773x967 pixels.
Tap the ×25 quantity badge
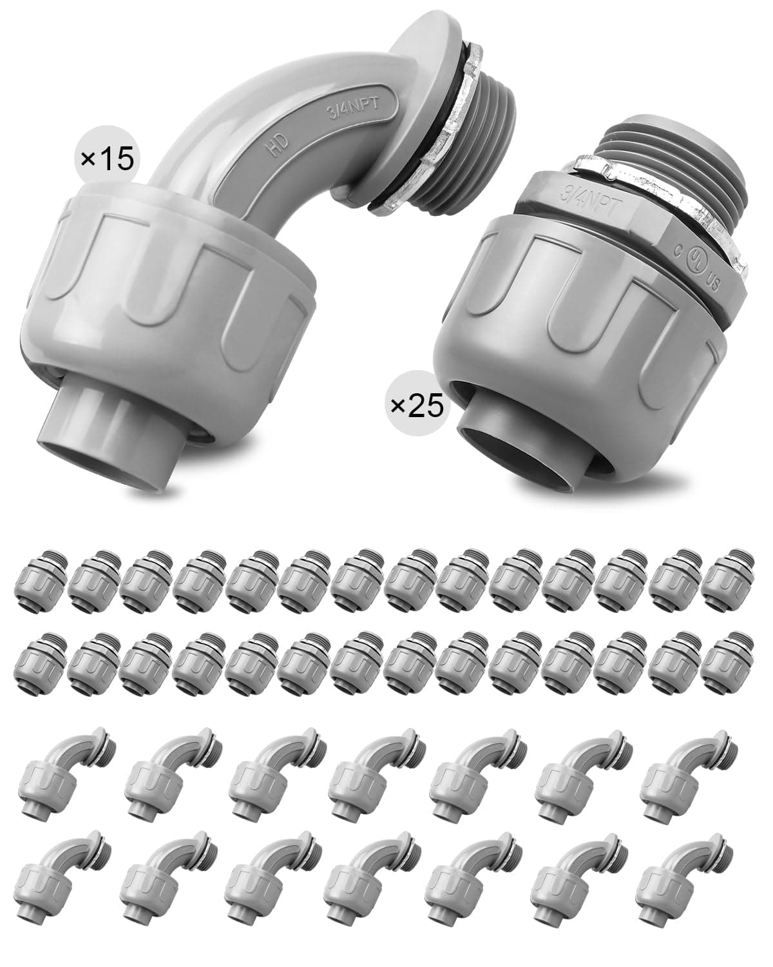click(417, 406)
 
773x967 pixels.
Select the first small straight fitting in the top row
click(37, 577)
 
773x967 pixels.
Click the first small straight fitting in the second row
click(37, 661)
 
